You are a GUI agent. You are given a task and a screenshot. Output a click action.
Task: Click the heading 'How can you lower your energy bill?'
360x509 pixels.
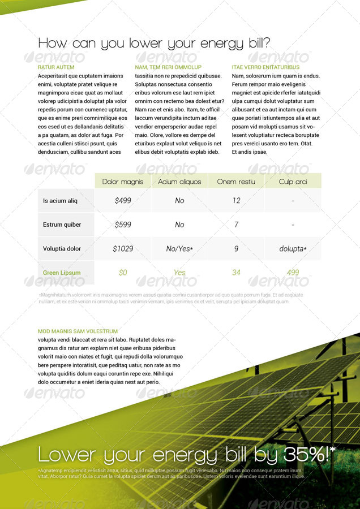pos(154,44)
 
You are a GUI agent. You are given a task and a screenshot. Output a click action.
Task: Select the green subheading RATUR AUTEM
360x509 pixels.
pos(56,67)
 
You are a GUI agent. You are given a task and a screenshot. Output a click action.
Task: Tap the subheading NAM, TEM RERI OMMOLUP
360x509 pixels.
pos(168,67)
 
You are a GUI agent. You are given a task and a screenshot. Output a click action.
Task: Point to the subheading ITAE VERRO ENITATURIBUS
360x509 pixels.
pos(265,67)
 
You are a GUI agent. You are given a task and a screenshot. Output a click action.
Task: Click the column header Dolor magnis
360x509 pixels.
pos(123,182)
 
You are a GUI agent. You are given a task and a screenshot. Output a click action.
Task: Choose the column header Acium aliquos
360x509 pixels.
pos(179,182)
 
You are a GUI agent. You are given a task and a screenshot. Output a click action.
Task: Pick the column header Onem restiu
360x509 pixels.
pos(236,182)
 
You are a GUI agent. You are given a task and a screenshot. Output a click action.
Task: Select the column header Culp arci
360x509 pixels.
pos(293,182)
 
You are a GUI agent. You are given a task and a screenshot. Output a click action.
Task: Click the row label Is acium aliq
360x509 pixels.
pos(60,201)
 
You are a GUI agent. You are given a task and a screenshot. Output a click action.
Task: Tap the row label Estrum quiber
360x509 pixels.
pos(62,225)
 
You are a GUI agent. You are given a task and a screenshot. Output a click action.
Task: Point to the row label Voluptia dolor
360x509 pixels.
pos(62,249)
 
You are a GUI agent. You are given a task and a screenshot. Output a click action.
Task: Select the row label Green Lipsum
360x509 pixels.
pos(62,273)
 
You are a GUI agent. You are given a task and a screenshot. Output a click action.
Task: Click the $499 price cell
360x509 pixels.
pos(123,201)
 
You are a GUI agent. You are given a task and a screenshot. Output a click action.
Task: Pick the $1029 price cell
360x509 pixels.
pos(123,249)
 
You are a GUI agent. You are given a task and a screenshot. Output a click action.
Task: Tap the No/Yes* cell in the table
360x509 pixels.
pos(179,249)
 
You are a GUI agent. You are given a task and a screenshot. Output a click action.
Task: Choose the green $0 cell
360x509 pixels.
pos(123,273)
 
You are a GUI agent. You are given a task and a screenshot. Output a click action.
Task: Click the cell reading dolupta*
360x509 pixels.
pos(293,249)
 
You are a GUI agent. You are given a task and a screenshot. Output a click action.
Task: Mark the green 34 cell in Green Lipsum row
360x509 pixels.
pos(236,273)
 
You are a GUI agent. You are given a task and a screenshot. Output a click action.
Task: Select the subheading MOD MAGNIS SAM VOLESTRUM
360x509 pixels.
pos(78,331)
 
